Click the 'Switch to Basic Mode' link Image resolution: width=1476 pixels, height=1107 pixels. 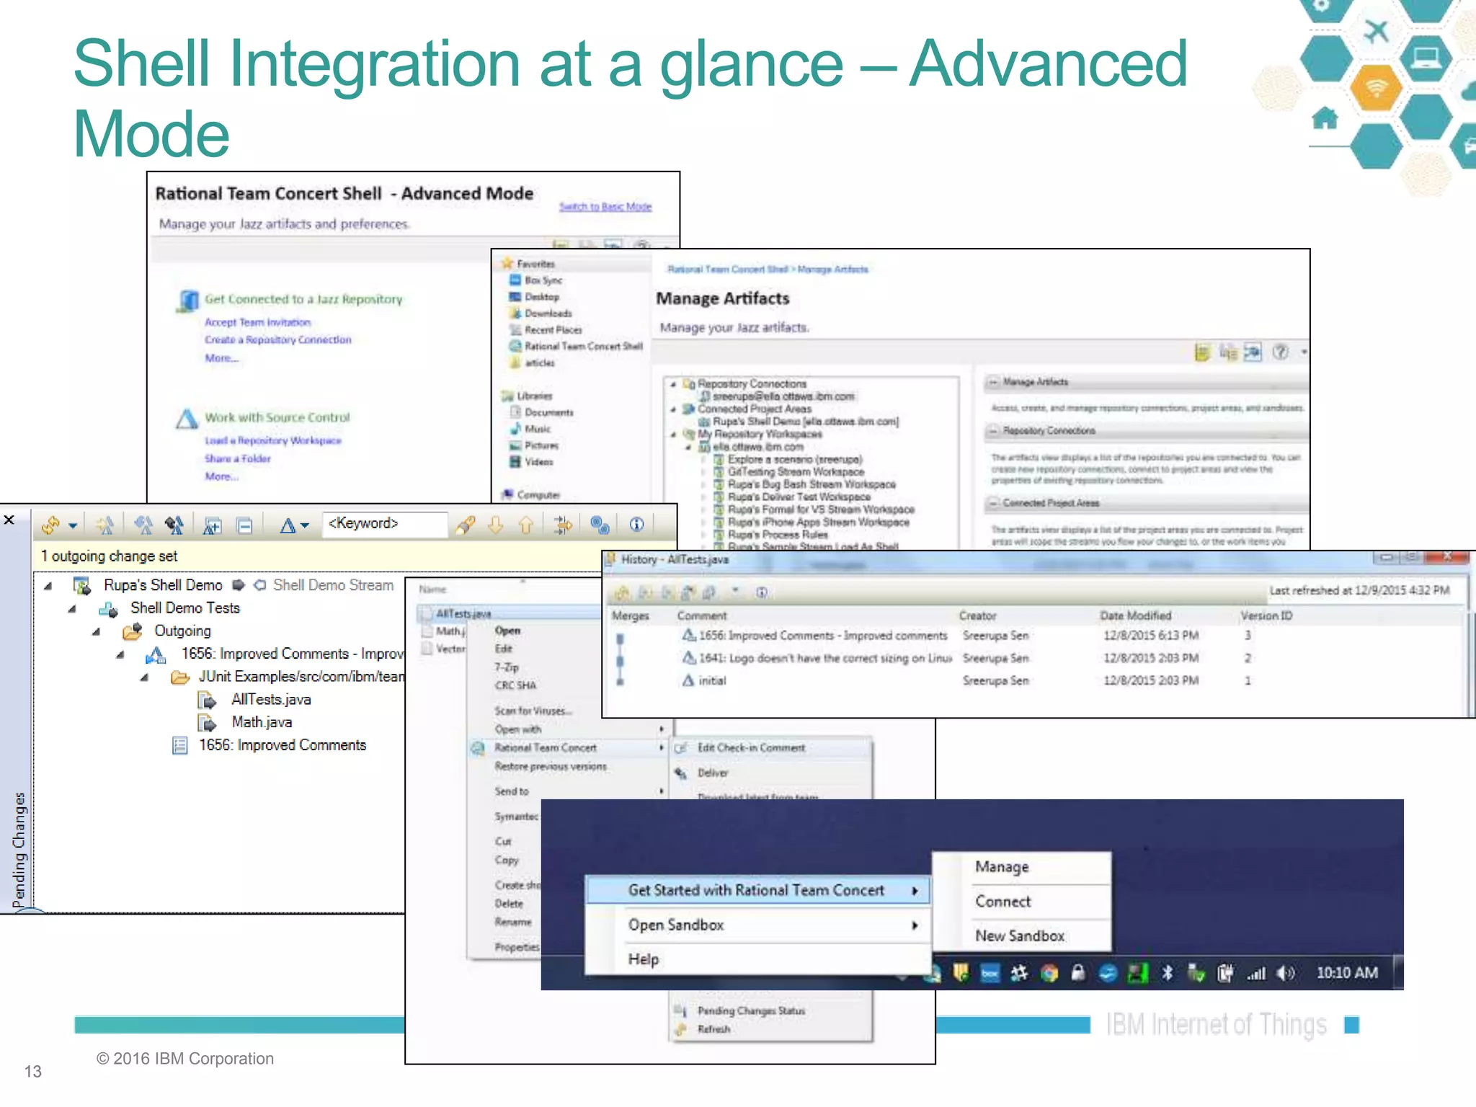(x=605, y=207)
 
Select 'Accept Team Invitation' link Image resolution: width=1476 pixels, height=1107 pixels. (x=257, y=322)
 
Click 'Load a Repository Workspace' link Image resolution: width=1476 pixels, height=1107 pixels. (x=272, y=440)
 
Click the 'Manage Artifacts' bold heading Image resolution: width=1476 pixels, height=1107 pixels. (x=722, y=298)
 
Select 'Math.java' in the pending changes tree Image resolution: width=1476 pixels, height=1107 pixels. (x=262, y=722)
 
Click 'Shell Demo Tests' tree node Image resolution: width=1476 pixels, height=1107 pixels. (x=184, y=608)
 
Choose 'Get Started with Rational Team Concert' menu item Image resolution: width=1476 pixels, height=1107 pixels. (x=755, y=890)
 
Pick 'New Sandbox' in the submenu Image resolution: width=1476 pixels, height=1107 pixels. (x=1019, y=935)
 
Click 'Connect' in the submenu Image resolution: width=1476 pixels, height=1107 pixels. (x=1002, y=901)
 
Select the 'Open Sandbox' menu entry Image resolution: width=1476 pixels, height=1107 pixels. (x=675, y=925)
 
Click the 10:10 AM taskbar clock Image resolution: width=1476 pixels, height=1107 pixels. (x=1346, y=973)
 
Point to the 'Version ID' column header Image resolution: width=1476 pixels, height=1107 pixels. (x=1266, y=615)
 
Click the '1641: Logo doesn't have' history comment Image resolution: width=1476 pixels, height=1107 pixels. (x=824, y=658)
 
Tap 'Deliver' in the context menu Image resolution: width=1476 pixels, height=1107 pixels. (x=713, y=773)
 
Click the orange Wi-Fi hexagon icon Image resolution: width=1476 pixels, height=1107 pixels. (x=1376, y=89)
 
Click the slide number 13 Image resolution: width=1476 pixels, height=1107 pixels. (x=33, y=1072)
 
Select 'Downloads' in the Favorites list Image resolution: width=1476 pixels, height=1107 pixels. (x=548, y=314)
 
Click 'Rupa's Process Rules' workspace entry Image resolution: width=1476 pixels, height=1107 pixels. (x=778, y=535)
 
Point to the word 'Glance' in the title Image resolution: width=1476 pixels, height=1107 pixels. (x=751, y=65)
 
